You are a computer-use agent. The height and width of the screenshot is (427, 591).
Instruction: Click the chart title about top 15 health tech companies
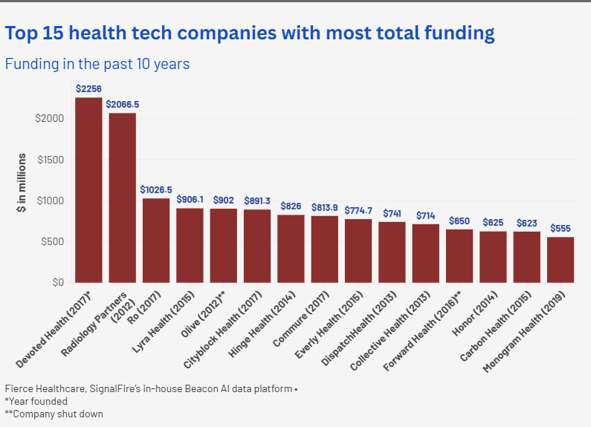point(250,33)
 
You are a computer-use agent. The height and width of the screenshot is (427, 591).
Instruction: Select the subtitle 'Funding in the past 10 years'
point(97,65)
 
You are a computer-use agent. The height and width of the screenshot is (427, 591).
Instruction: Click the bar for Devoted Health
point(89,190)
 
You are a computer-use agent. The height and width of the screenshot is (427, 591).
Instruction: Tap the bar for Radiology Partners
point(123,198)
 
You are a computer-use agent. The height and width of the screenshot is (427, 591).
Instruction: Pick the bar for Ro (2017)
point(156,240)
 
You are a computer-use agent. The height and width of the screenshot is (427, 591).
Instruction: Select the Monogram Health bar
point(561,259)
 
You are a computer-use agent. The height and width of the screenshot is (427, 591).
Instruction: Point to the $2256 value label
point(89,88)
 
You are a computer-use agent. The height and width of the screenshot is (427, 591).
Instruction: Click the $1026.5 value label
point(156,189)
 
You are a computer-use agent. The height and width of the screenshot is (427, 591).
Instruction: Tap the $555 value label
point(561,228)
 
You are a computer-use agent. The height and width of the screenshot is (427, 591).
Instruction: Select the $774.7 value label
point(358,210)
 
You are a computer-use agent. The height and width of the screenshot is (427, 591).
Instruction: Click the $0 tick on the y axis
point(58,282)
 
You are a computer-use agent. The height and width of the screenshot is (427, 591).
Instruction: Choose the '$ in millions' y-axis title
point(22,183)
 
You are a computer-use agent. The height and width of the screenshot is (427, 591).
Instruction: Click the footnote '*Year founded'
point(36,401)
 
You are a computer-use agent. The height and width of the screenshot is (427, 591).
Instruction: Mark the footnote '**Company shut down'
point(54,414)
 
